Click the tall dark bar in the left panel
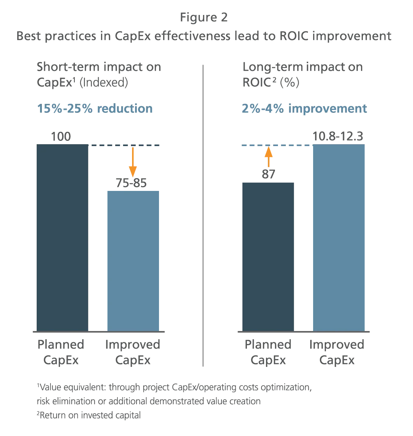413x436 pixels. click(62, 237)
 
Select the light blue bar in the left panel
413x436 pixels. click(134, 260)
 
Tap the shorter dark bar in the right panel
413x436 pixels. click(269, 257)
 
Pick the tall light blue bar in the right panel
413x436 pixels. click(338, 237)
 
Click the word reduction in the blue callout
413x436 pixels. click(125, 108)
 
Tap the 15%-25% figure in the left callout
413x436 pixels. click(65, 108)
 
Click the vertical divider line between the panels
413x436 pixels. click(202, 215)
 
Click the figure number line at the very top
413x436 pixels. click(204, 18)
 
